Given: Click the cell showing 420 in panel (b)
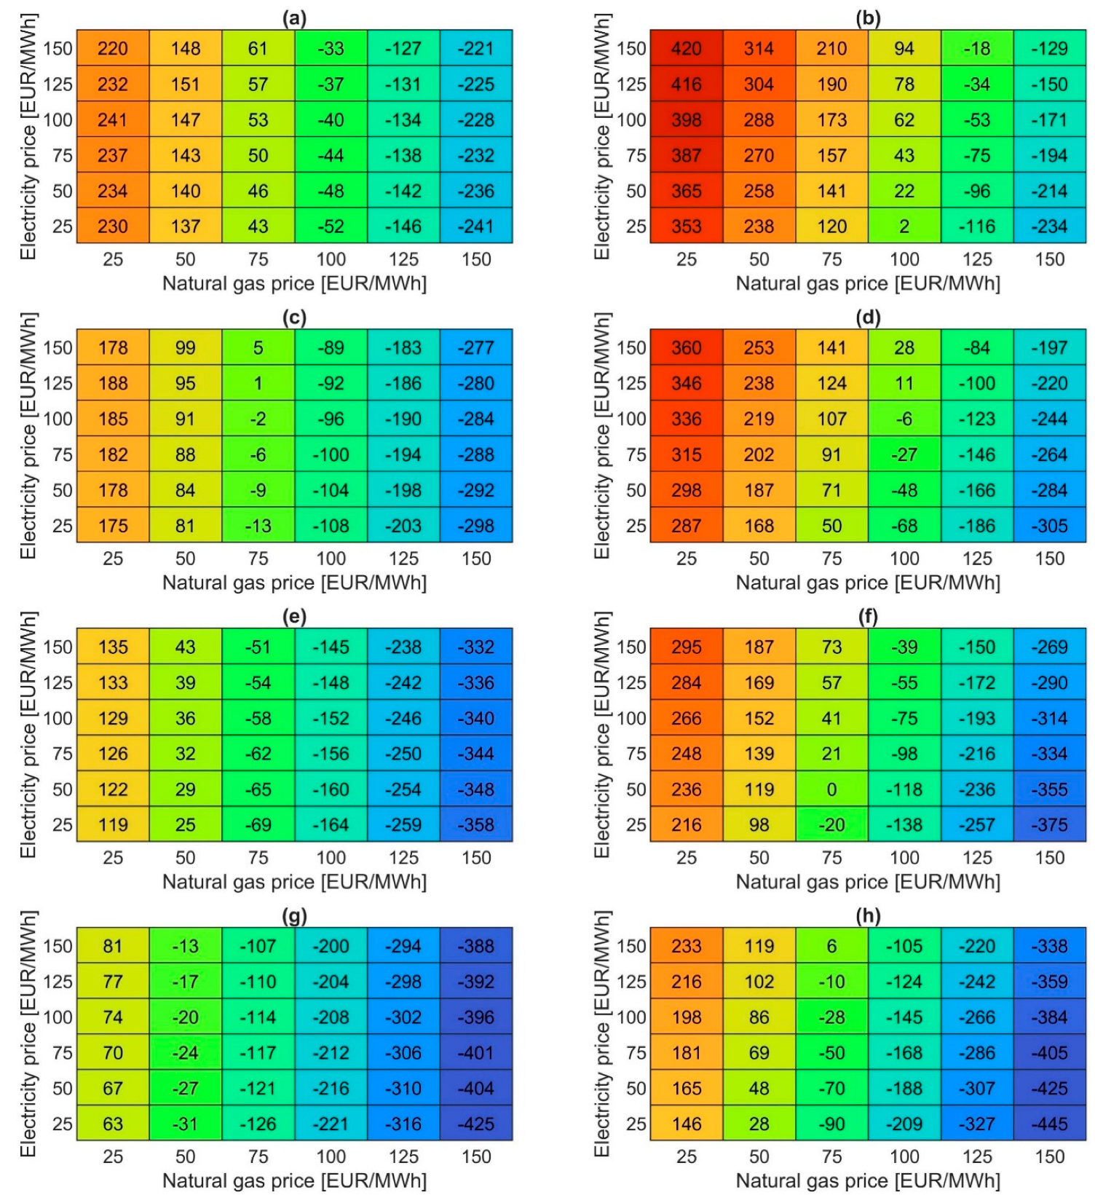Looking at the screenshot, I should (x=686, y=48).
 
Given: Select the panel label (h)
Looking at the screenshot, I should (x=868, y=916).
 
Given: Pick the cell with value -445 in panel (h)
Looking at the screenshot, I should (x=1049, y=1124).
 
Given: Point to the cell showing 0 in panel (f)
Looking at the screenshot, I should (x=831, y=789).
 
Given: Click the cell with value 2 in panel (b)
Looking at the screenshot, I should (x=904, y=226).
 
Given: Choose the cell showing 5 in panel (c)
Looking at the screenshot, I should (x=258, y=347).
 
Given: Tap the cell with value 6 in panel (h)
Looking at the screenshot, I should (x=831, y=946).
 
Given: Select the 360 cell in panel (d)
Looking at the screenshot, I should (x=686, y=347).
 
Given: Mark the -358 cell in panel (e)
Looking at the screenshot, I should (x=476, y=824).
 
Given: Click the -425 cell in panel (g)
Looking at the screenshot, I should (x=476, y=1124).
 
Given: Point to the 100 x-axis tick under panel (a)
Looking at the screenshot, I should (x=331, y=259).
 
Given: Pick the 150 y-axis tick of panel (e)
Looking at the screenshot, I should (x=58, y=647).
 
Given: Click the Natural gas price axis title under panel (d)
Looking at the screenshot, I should (x=868, y=583).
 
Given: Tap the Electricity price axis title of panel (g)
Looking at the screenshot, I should (x=28, y=1034).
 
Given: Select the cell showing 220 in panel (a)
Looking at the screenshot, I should (x=113, y=48).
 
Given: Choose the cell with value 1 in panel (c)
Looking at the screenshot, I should (x=258, y=383).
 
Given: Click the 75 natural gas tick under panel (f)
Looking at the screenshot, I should (x=831, y=858).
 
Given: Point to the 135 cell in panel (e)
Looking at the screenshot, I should (x=113, y=647).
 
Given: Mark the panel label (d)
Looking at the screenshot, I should (x=868, y=318).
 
